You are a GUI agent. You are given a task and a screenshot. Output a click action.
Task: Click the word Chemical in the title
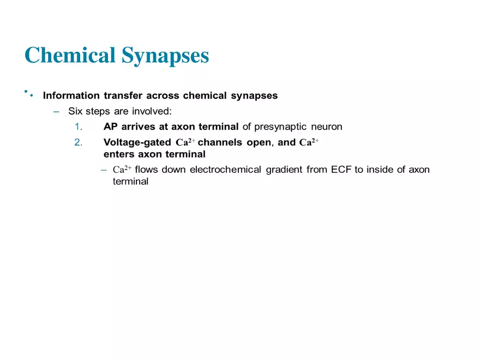click(x=70, y=55)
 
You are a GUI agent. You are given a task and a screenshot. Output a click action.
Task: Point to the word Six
click(x=75, y=111)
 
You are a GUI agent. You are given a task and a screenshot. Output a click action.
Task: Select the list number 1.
click(x=78, y=127)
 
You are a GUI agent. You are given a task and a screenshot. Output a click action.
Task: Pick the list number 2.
click(x=78, y=143)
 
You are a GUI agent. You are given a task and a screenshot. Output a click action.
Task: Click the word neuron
click(x=327, y=127)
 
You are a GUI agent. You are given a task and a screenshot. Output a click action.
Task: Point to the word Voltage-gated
click(x=137, y=143)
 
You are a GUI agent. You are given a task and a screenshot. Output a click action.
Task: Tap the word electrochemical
click(x=226, y=170)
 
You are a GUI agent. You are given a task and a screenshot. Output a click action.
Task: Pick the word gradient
click(x=285, y=170)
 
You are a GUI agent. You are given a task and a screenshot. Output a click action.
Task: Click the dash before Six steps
click(x=56, y=111)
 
